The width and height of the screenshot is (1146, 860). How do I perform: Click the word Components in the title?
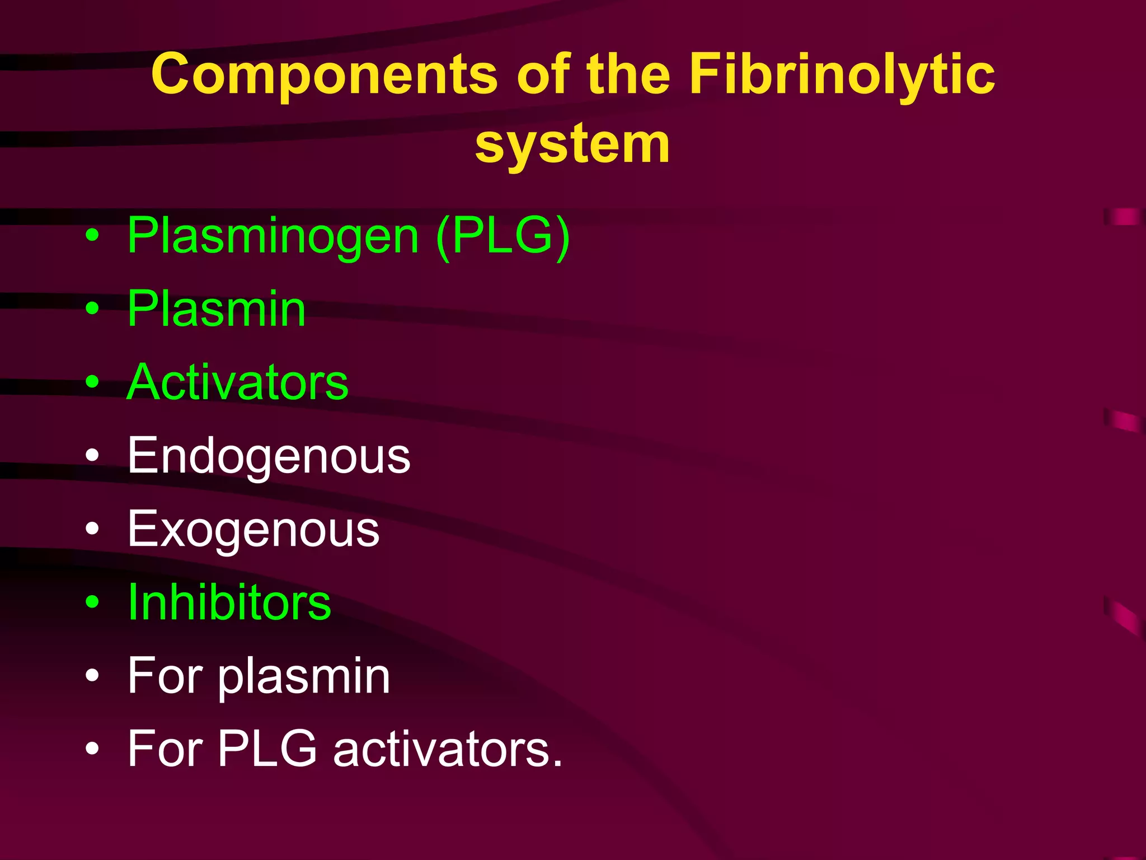[x=324, y=75]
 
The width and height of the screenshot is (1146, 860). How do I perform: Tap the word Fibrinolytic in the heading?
[x=842, y=75]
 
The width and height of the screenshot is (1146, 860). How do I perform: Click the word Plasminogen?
[x=273, y=236]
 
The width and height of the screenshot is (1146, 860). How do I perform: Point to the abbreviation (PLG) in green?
[x=502, y=236]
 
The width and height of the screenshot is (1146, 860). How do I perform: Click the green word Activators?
[x=238, y=382]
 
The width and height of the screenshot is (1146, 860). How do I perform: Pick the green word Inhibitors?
[x=229, y=603]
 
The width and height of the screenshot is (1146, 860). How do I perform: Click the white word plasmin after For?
[x=303, y=677]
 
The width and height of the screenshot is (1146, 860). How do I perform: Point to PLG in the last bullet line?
[x=267, y=749]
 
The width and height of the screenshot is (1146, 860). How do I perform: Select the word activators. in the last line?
[x=448, y=749]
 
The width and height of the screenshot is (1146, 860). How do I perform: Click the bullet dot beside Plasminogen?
[x=92, y=237]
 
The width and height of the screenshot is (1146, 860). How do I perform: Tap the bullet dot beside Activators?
[x=92, y=383]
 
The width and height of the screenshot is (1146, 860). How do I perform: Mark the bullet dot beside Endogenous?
[x=92, y=456]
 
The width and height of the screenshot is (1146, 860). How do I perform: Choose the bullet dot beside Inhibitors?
[x=92, y=603]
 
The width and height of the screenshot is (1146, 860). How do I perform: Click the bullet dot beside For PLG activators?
[x=92, y=749]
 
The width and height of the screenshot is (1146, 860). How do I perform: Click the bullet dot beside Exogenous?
[x=92, y=530]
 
